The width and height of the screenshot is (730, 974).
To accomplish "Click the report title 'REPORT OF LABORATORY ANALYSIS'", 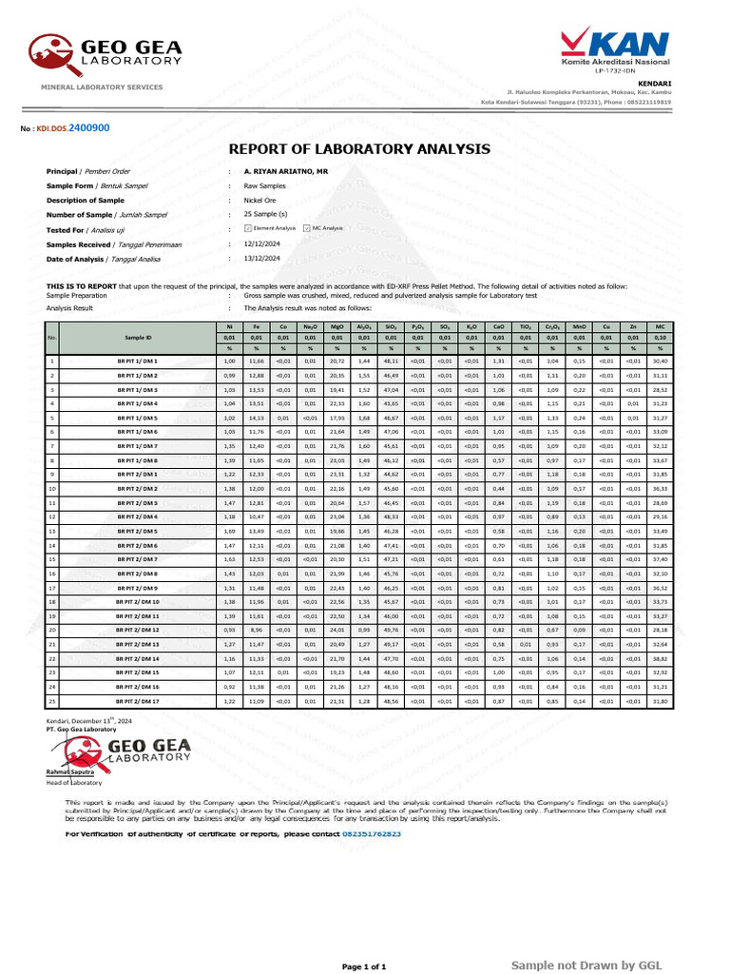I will pyautogui.click(x=360, y=149).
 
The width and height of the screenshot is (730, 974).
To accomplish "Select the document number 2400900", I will pyautogui.click(x=88, y=127).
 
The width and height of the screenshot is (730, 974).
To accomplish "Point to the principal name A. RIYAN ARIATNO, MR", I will pyautogui.click(x=286, y=171).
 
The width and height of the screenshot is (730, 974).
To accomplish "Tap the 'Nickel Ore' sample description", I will pyautogui.click(x=260, y=200).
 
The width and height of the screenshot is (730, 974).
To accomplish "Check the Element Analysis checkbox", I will pyautogui.click(x=248, y=229).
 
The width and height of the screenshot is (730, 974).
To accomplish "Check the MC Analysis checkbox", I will pyautogui.click(x=306, y=229).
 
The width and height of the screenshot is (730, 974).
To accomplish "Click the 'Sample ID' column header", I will pyautogui.click(x=138, y=338).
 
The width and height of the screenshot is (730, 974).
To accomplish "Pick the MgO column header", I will pyautogui.click(x=336, y=327).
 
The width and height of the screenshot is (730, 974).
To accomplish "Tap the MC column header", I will pyautogui.click(x=660, y=327).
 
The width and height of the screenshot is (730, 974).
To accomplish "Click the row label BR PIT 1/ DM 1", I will pyautogui.click(x=138, y=361).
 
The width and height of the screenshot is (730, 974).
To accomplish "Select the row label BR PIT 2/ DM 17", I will pyautogui.click(x=138, y=701).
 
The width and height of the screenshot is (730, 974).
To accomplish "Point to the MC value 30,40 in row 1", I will pyautogui.click(x=660, y=361).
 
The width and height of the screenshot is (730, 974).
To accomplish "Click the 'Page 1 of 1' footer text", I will pyautogui.click(x=364, y=965).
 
